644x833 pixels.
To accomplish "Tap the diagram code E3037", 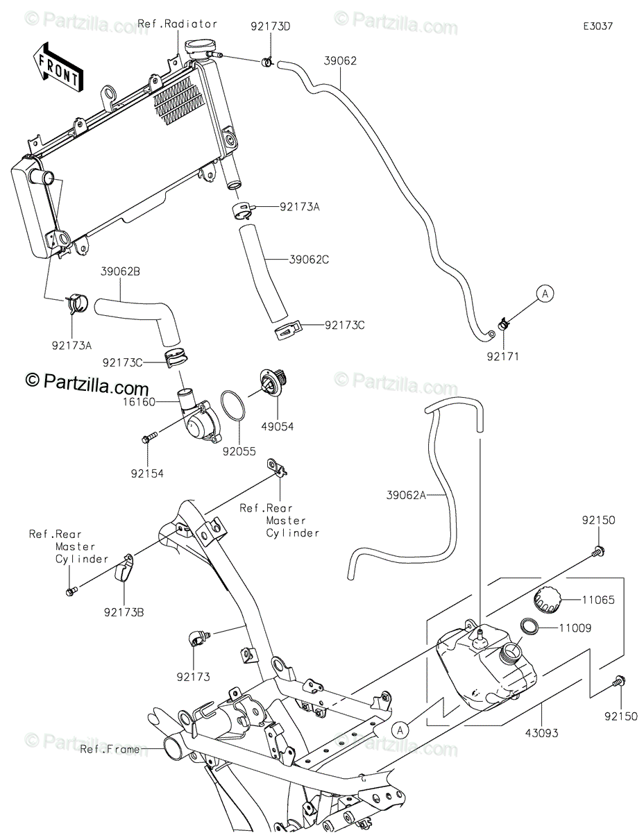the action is point(598,26).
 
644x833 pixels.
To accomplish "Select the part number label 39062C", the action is point(308,260).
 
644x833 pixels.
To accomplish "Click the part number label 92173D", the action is point(271,26).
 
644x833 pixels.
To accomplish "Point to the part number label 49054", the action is point(278,426).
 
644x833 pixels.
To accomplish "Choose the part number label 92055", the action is point(239,451).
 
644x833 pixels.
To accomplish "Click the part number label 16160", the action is point(139,402).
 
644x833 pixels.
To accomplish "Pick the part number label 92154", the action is point(147,473).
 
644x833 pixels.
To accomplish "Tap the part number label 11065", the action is point(598,600).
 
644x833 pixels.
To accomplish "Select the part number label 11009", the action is point(575,628).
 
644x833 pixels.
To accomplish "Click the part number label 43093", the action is point(541,733).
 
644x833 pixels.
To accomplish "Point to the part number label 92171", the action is point(502,357).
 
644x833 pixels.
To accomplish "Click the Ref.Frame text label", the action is point(110,749).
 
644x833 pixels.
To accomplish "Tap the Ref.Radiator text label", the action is point(178,24).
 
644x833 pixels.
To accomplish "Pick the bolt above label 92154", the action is point(149,437).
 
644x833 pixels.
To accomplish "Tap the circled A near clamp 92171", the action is point(545,294).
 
